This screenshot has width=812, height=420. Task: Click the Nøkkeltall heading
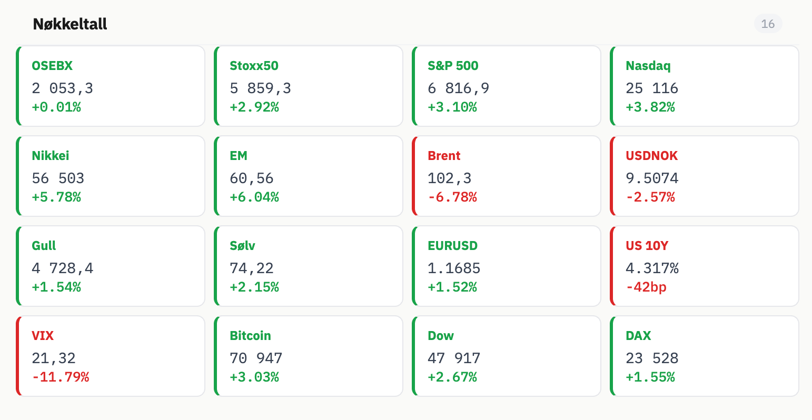tap(70, 24)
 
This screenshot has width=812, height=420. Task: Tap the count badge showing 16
tap(768, 24)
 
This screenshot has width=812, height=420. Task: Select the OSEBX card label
tap(52, 66)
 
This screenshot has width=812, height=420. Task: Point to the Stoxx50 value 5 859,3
tap(260, 88)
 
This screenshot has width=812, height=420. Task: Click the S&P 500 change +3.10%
tap(452, 107)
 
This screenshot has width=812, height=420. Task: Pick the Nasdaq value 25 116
tap(652, 88)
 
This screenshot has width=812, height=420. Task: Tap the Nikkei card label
tap(51, 155)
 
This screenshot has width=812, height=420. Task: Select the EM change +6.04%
tap(254, 197)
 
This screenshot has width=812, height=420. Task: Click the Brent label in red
tap(444, 155)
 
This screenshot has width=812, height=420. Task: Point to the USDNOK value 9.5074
tap(652, 178)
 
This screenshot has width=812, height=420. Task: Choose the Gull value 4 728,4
tap(62, 268)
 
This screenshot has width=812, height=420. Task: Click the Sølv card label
tap(243, 245)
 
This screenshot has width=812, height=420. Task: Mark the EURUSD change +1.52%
tap(452, 287)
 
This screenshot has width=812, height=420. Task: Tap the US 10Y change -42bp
tap(646, 287)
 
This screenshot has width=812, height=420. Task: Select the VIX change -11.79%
tap(61, 377)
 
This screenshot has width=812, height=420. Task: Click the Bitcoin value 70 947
tap(256, 358)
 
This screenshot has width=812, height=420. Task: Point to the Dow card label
tap(441, 336)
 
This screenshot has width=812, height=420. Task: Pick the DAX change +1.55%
tap(650, 377)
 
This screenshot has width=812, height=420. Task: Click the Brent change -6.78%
tap(452, 197)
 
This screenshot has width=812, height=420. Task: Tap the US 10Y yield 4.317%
tap(652, 268)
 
